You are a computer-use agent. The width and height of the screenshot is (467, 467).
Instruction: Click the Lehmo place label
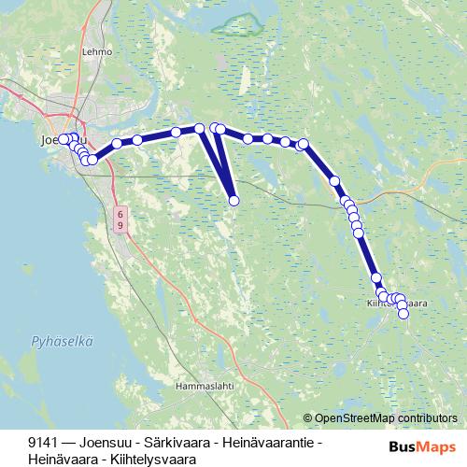(96, 53)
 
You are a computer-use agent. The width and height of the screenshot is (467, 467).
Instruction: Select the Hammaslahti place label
(204, 384)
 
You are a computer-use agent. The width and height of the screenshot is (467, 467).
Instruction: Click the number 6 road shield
(120, 214)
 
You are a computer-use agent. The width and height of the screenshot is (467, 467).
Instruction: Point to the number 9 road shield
(120, 226)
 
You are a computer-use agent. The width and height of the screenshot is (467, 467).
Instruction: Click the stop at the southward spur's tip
(233, 200)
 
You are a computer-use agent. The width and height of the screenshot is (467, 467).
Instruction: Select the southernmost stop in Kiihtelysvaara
(403, 314)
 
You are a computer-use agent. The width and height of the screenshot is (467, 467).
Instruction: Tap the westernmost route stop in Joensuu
(64, 139)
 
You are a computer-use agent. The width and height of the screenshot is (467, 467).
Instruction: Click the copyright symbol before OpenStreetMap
(308, 417)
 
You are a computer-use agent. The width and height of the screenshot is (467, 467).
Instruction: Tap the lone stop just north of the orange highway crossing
(334, 181)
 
